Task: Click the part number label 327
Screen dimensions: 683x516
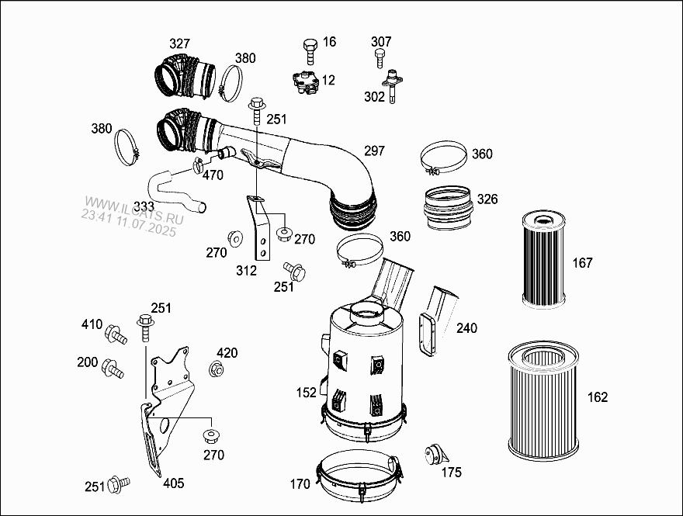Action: pos(179,43)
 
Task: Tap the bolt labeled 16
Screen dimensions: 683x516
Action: pos(310,51)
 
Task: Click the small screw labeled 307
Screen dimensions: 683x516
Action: pos(380,58)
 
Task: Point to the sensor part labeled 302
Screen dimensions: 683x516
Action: pos(392,85)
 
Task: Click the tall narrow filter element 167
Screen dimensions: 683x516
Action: pos(543,259)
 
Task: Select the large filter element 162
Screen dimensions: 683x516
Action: pos(543,400)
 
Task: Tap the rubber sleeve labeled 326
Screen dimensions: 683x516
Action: pos(449,207)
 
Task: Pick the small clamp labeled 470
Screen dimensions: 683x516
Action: pos(197,164)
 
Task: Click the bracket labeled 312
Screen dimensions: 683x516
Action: pos(259,227)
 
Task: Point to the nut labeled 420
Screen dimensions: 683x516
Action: pos(216,369)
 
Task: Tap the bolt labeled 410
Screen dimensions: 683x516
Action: pos(116,334)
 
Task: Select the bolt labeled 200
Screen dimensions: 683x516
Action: pos(113,369)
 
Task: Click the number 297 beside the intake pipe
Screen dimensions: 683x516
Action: pos(375,151)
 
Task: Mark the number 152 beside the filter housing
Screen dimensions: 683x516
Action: pos(307,393)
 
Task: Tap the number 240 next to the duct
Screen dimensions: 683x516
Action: pos(466,328)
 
